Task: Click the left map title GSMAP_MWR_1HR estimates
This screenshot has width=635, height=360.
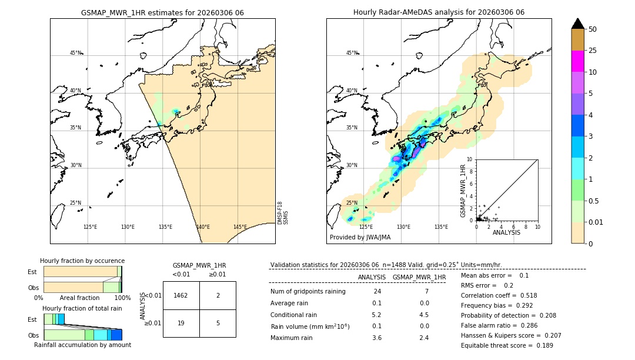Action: pyautogui.click(x=162, y=12)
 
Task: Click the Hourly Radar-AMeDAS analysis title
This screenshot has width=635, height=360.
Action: pyautogui.click(x=439, y=12)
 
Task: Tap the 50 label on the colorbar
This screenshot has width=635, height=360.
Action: pyautogui.click(x=593, y=29)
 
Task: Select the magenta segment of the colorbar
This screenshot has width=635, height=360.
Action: pyautogui.click(x=577, y=61)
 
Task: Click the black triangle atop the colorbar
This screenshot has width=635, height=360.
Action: pyautogui.click(x=577, y=24)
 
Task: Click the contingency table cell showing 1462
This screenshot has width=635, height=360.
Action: pyautogui.click(x=181, y=295)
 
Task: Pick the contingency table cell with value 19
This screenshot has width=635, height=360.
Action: pyautogui.click(x=181, y=323)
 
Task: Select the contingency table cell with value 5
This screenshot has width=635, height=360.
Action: pyautogui.click(x=218, y=323)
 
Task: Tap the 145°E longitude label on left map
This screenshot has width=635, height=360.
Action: pyautogui.click(x=240, y=227)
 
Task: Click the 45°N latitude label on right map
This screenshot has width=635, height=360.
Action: pyautogui.click(x=352, y=53)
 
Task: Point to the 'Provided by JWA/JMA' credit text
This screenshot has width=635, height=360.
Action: pyautogui.click(x=360, y=238)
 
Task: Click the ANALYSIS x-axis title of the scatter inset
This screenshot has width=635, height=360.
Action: pyautogui.click(x=506, y=232)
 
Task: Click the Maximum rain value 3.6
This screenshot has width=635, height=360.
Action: pyautogui.click(x=376, y=338)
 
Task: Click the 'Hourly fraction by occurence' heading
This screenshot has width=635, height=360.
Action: pyautogui.click(x=82, y=261)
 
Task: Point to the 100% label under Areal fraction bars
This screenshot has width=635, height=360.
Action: pyautogui.click(x=122, y=298)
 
